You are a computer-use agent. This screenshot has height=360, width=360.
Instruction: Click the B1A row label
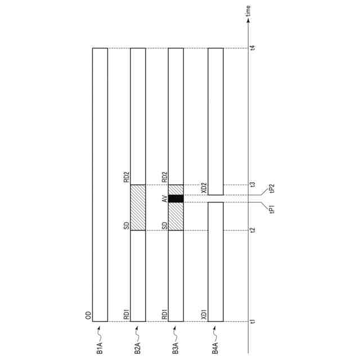point(100,348)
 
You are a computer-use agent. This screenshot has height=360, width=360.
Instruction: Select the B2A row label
point(137,348)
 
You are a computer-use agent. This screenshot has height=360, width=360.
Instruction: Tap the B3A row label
point(175,348)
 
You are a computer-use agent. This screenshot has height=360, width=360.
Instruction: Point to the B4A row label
point(215,348)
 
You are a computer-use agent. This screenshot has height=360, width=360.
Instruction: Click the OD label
point(88,316)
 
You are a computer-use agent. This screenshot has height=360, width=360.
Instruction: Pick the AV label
point(165,199)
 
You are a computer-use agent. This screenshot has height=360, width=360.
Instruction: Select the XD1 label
point(204,314)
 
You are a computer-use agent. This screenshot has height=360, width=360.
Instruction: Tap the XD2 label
point(204,188)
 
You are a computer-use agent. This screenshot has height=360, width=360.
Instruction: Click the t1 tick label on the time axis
point(253,321)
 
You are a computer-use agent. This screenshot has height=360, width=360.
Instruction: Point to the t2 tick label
point(253,230)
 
